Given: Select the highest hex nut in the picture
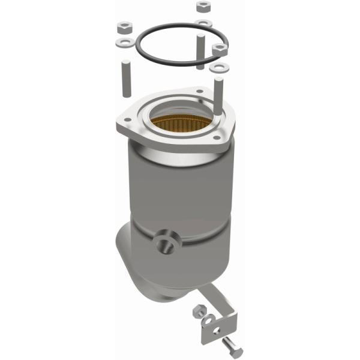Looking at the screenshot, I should coord(202,7).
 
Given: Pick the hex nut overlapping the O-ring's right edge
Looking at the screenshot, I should coord(219,48).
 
